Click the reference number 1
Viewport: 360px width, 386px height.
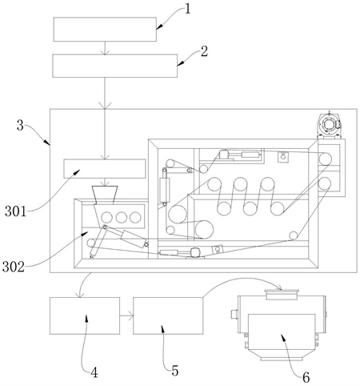(188, 9)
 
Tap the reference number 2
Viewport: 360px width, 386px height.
(204, 51)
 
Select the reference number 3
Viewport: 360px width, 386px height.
(20, 125)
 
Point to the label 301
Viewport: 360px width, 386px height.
(16, 211)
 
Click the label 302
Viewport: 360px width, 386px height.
(14, 267)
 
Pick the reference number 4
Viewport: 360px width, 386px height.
(94, 372)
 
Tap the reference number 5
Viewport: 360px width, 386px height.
(174, 371)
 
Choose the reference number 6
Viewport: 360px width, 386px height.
(306, 377)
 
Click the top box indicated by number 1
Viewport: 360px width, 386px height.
(105, 30)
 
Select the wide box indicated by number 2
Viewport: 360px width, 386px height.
(114, 66)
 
